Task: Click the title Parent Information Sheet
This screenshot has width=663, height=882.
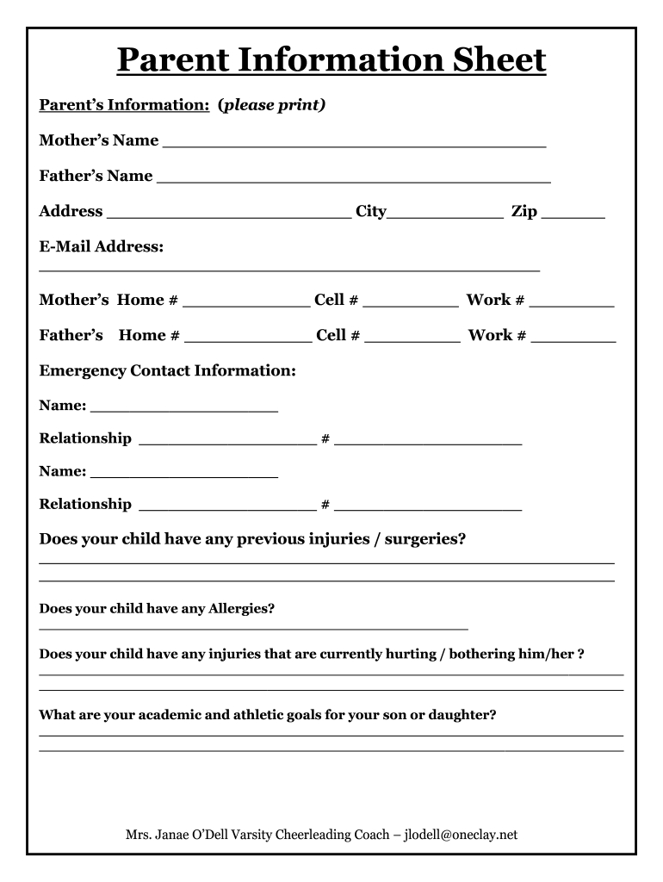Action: [331, 60]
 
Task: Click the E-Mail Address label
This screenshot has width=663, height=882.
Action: [102, 247]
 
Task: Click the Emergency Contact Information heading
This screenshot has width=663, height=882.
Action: [168, 370]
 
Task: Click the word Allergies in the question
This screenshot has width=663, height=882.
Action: [240, 609]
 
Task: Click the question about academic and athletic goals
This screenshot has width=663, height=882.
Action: [268, 715]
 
